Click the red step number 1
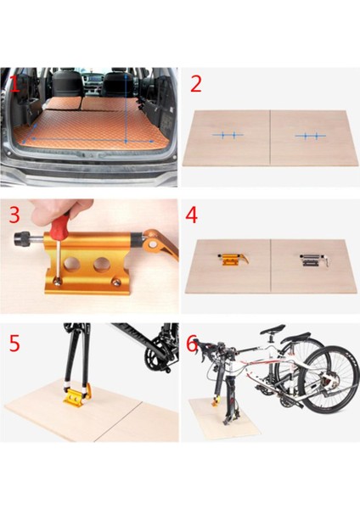pos(15,84)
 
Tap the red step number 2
pos(196,83)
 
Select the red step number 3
pos(14,215)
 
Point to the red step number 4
pos(191,215)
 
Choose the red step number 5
pos(14,343)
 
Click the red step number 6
pos(192,344)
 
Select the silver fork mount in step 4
pos(314,260)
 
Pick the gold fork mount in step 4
pos(233,259)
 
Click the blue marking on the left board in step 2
pos(228,135)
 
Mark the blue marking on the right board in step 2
pos(311,136)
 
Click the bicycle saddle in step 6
pos(273,327)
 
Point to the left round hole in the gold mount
pos(70,264)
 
